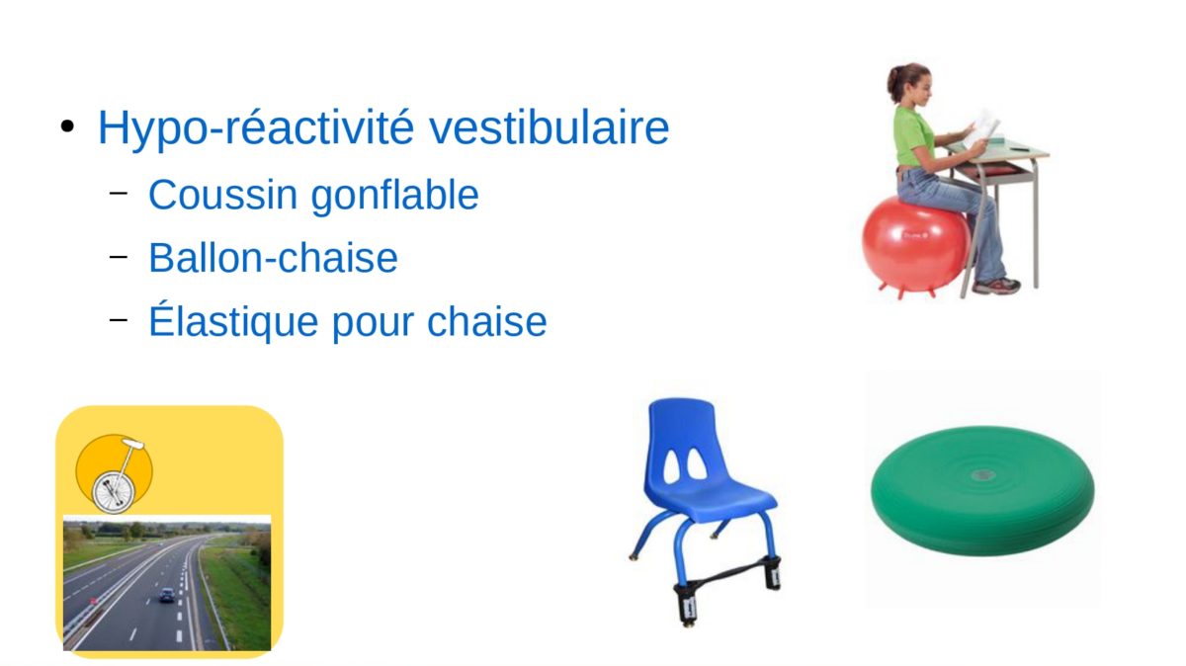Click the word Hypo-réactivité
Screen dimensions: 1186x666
(256, 127)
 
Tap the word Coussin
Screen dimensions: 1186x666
(223, 195)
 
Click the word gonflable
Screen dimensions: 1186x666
(394, 196)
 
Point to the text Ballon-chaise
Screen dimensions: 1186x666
(273, 258)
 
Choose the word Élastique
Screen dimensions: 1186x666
(233, 319)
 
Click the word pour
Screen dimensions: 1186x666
(373, 323)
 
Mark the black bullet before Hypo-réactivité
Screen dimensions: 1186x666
(67, 126)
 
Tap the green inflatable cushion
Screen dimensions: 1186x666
(982, 490)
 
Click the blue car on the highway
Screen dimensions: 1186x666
(167, 595)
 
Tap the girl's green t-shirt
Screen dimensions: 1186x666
(913, 136)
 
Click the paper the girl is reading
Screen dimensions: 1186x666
(981, 127)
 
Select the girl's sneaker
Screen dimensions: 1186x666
(995, 286)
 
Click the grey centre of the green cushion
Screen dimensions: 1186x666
(983, 474)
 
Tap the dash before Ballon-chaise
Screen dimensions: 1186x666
(119, 257)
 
